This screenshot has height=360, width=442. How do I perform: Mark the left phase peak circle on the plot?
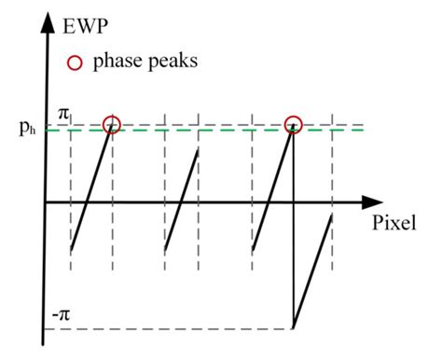(112, 124)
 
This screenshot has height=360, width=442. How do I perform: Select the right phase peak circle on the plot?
(293, 124)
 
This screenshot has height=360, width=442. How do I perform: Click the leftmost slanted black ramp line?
(90, 189)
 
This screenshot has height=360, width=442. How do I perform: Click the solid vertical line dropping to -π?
(293, 233)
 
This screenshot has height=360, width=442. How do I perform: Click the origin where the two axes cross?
(44, 201)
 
